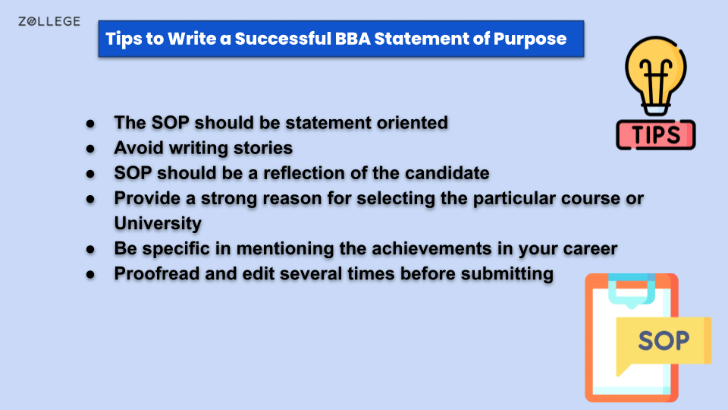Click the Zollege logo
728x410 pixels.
click(49, 21)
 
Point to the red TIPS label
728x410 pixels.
click(655, 134)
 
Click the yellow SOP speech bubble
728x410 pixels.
click(663, 340)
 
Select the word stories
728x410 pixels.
click(262, 147)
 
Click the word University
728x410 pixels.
click(158, 223)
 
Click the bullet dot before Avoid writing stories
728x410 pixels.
click(90, 147)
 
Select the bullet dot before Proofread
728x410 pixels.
click(90, 273)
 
